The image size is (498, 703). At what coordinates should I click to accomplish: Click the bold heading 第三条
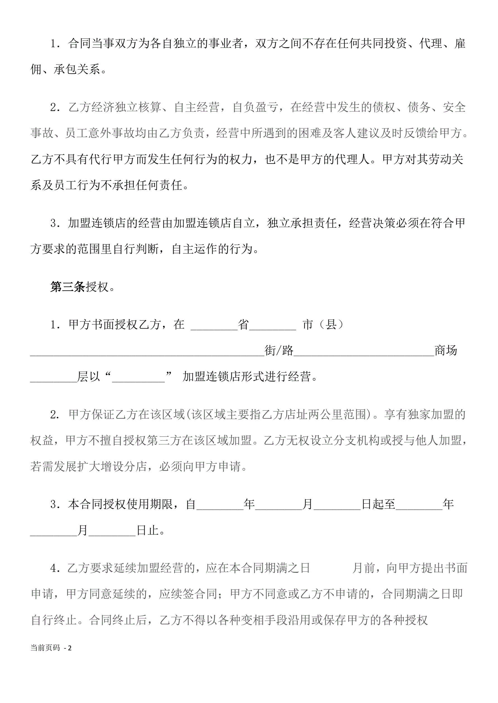[68, 287]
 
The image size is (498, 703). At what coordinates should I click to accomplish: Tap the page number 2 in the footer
[70, 648]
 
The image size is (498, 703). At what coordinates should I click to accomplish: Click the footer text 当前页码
[45, 648]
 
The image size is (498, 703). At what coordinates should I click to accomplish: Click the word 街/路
[279, 350]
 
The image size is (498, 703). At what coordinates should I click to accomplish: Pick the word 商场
[446, 350]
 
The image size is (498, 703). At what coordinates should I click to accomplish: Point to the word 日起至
[378, 504]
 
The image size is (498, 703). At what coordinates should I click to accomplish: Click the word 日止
[148, 530]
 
